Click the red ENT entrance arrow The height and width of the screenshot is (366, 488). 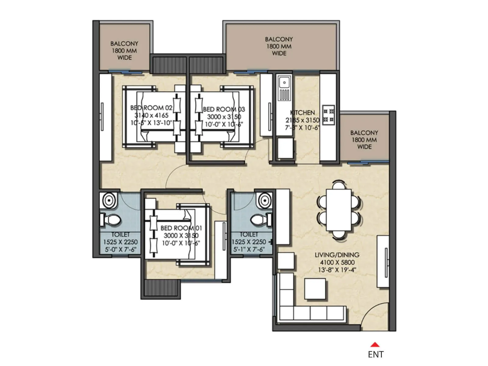click(375, 345)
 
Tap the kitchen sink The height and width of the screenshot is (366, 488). click(284, 83)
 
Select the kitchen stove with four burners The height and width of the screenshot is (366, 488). click(329, 114)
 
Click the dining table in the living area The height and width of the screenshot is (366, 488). click(339, 210)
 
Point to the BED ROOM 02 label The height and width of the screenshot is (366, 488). click(151, 108)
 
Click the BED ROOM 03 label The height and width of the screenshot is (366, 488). click(224, 109)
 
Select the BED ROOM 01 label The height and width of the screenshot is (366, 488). click(181, 228)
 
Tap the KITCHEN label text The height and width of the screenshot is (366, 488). click(302, 113)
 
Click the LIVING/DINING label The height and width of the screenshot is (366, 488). click(337, 255)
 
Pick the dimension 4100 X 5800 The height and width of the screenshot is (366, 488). click(337, 262)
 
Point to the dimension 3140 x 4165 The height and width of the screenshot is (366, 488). click(151, 116)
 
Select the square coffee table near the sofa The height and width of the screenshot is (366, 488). click(315, 289)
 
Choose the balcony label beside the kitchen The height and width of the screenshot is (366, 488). click(364, 140)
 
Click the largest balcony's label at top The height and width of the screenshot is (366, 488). click(279, 46)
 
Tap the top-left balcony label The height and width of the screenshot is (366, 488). click(124, 50)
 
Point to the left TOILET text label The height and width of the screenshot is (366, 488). click(120, 235)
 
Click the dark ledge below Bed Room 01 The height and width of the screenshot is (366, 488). click(161, 288)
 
